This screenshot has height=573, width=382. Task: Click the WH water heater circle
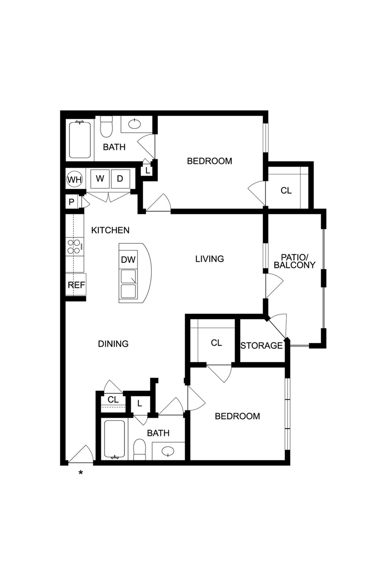click(75, 180)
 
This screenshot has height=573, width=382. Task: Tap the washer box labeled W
click(100, 179)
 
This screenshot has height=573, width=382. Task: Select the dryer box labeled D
click(120, 179)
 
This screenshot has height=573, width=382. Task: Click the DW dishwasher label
click(128, 260)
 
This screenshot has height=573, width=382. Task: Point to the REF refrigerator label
click(76, 285)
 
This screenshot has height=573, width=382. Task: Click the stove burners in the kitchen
click(74, 247)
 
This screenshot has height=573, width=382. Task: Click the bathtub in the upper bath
click(80, 140)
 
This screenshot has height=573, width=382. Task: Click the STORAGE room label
click(261, 346)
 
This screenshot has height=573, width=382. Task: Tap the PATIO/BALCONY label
click(295, 261)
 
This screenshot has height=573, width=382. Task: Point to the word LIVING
click(210, 259)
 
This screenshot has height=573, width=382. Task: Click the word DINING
click(113, 344)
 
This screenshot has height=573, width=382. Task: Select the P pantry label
click(71, 202)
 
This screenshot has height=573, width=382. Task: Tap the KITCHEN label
click(110, 230)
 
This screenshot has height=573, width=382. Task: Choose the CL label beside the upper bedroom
click(286, 190)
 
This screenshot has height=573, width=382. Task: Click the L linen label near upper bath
click(147, 171)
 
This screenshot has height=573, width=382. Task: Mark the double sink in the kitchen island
click(128, 284)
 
